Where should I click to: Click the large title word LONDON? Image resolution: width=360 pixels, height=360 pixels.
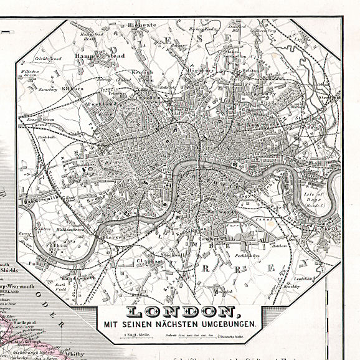coord(181,312)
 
